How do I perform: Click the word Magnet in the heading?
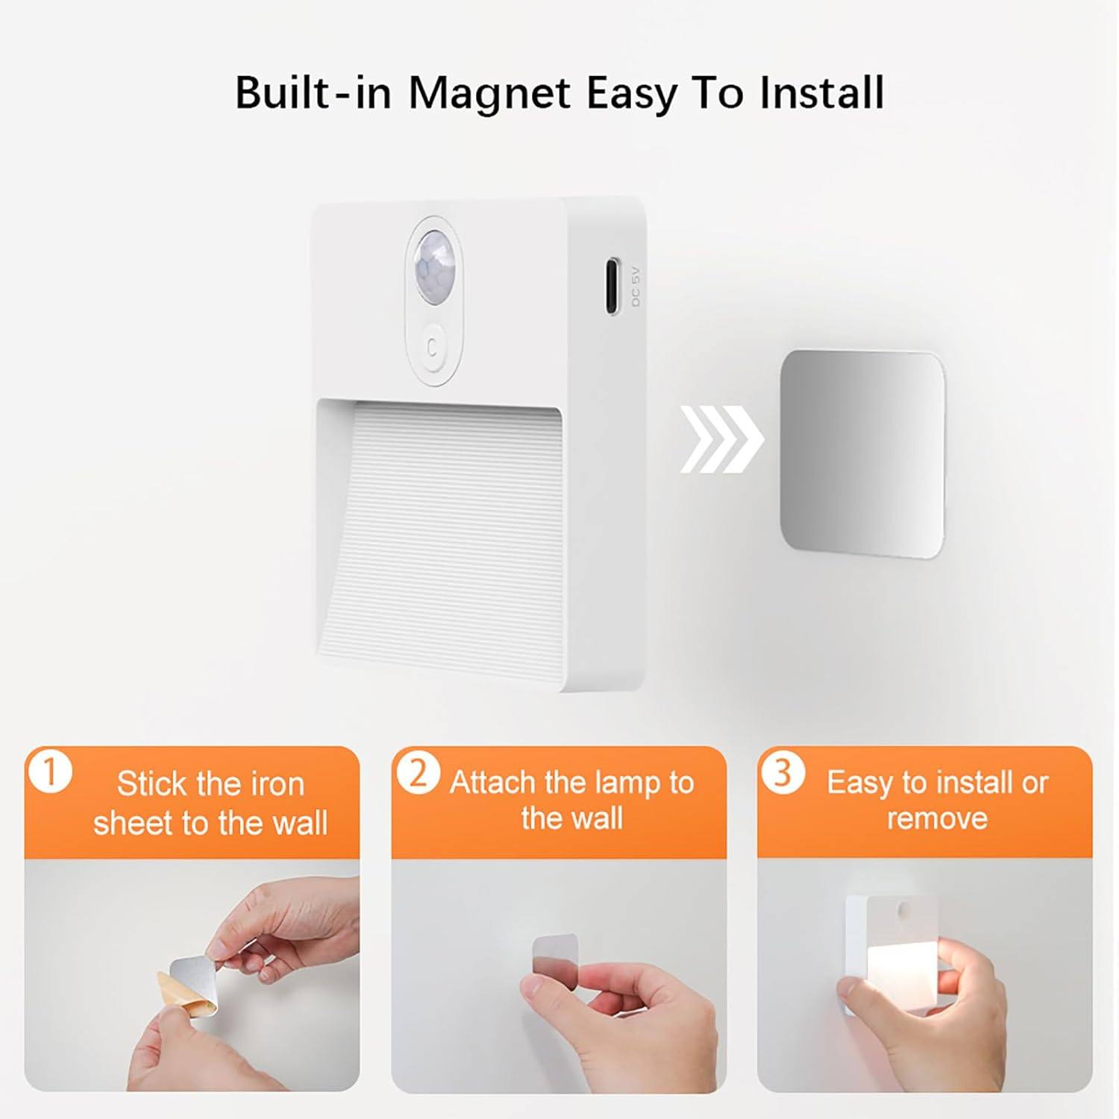click(490, 93)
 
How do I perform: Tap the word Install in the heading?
click(821, 93)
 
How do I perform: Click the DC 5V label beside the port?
click(636, 287)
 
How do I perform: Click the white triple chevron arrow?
click(721, 439)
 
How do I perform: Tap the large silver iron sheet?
click(862, 453)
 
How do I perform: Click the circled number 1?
click(51, 773)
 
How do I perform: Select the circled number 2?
click(417, 774)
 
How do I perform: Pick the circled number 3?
click(783, 773)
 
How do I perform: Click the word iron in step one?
click(277, 784)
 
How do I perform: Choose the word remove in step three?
click(937, 818)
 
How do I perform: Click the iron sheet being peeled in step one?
click(192, 977)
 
